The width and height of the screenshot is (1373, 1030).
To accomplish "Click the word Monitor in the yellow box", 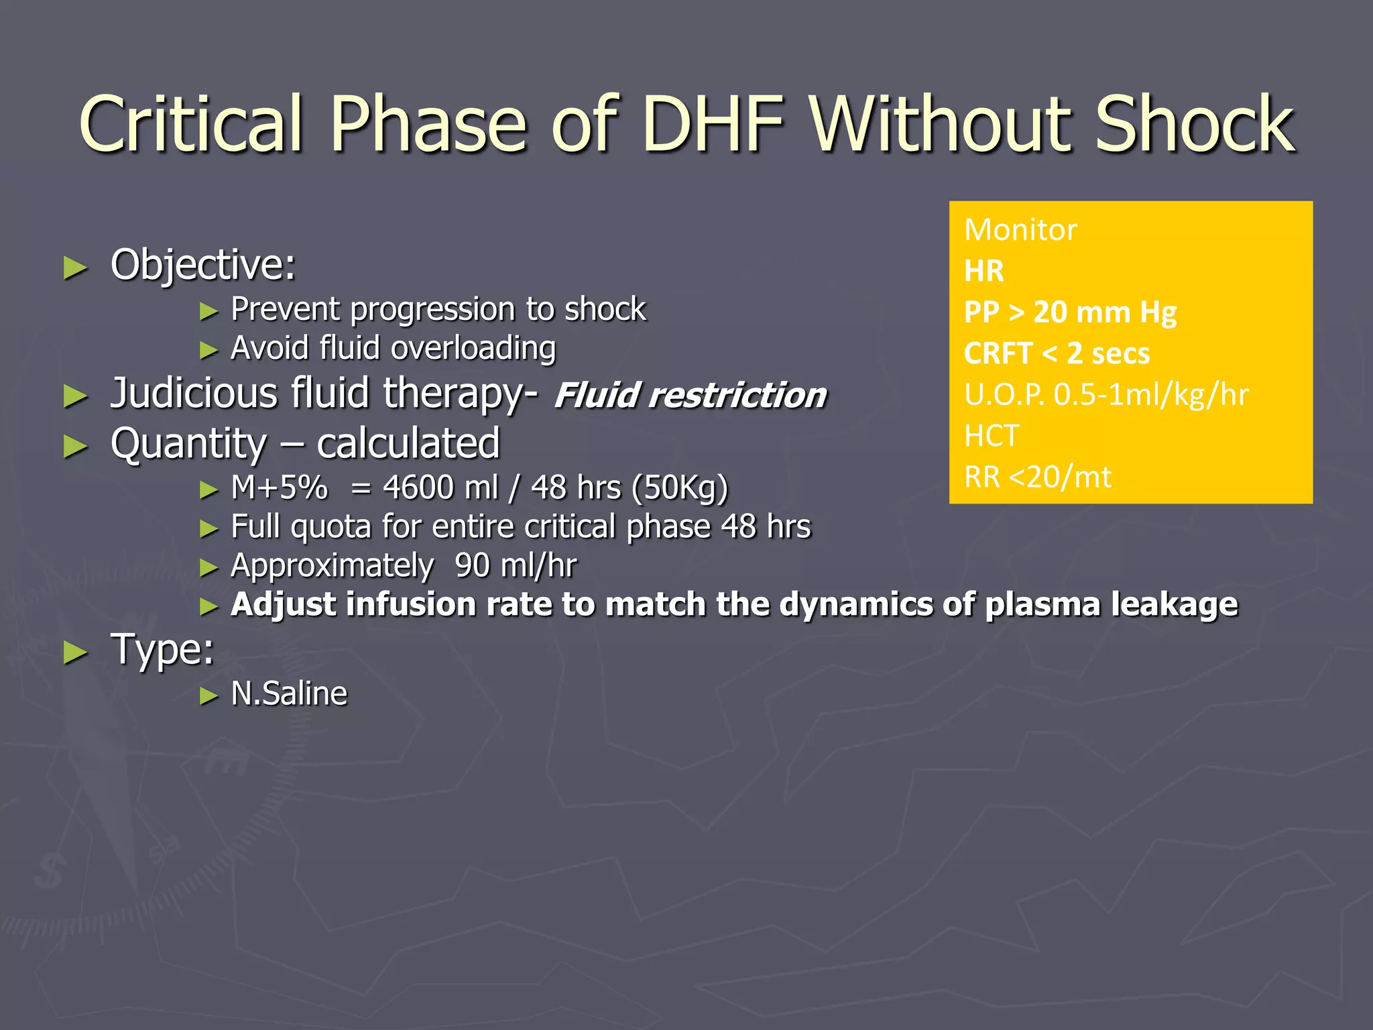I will (1020, 230).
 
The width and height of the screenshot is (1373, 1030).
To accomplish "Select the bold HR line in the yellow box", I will (983, 272).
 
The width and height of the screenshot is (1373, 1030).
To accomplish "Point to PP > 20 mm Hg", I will (1070, 312).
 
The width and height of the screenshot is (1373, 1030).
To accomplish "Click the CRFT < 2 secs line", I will (1057, 353).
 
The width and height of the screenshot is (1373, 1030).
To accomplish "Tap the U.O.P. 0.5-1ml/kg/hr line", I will (1106, 394).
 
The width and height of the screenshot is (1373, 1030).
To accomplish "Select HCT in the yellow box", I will (992, 436).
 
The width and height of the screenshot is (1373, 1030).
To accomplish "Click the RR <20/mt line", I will (1037, 477).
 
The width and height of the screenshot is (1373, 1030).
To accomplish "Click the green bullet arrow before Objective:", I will (75, 268).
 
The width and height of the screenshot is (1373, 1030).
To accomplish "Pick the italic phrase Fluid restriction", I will (691, 395).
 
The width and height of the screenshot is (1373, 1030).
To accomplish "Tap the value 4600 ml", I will (440, 488).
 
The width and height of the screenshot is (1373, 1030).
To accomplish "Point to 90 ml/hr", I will (515, 565).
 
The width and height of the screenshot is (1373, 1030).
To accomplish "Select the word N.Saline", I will (289, 693).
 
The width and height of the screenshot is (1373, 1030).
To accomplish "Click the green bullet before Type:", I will (75, 652).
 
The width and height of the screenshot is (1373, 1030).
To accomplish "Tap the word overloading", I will (473, 348).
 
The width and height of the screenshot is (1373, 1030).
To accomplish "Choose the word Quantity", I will (188, 443).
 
